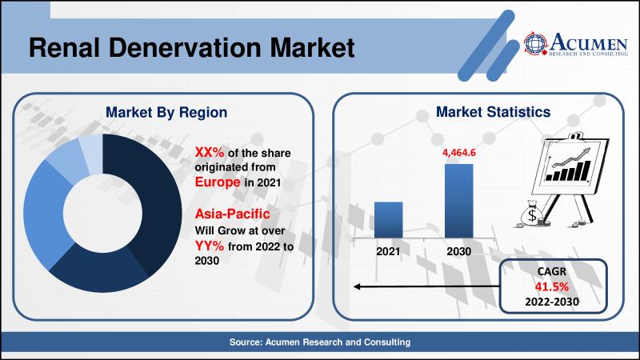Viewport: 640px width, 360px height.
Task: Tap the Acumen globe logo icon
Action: tap(535, 43)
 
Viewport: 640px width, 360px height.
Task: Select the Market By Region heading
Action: tap(166, 112)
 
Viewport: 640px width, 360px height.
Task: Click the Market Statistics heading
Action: tap(493, 111)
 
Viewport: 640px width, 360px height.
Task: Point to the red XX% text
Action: tap(210, 152)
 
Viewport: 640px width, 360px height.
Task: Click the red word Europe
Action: tap(218, 182)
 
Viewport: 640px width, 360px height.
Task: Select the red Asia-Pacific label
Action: tap(232, 214)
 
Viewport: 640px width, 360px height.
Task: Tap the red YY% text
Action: tap(210, 246)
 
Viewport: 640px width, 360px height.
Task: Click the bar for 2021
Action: tap(389, 219)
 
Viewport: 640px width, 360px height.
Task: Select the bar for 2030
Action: tap(458, 201)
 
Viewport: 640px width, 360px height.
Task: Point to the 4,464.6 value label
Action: tap(459, 153)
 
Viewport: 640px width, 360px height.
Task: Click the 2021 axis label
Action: tap(388, 251)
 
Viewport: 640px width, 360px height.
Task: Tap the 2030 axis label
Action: tap(458, 251)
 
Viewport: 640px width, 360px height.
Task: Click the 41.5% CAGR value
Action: tap(552, 287)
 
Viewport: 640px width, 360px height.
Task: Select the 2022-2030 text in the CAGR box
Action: tap(552, 302)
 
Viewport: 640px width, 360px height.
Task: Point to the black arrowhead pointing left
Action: tap(357, 286)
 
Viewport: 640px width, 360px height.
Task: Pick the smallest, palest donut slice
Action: tap(91, 153)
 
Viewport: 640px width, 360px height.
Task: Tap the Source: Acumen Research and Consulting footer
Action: tap(320, 342)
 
